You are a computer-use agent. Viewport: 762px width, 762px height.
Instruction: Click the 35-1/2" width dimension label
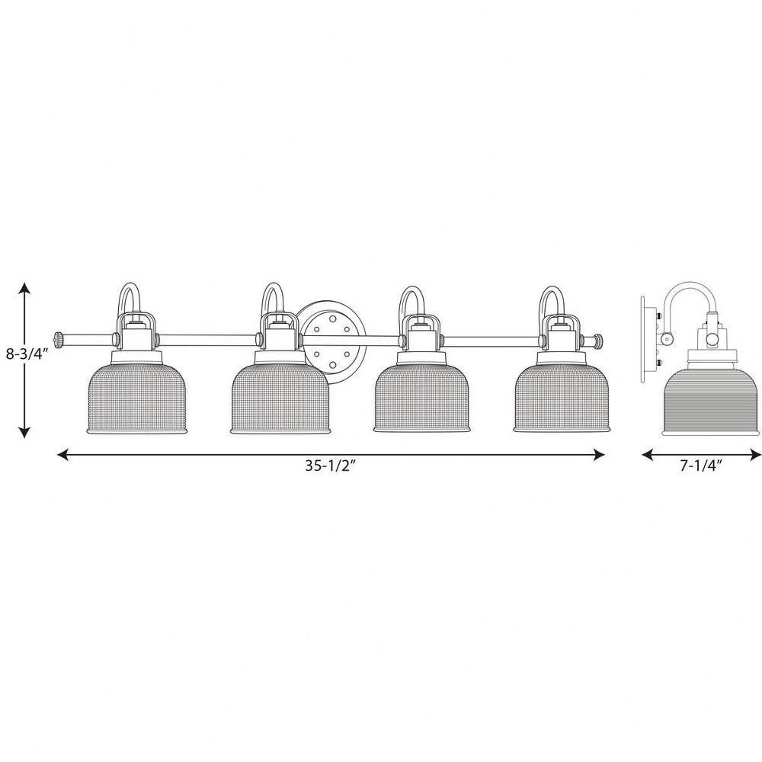[331, 466]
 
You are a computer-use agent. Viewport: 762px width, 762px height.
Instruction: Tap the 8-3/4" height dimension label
[27, 354]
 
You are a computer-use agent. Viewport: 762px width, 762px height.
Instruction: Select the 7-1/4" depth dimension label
[700, 466]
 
